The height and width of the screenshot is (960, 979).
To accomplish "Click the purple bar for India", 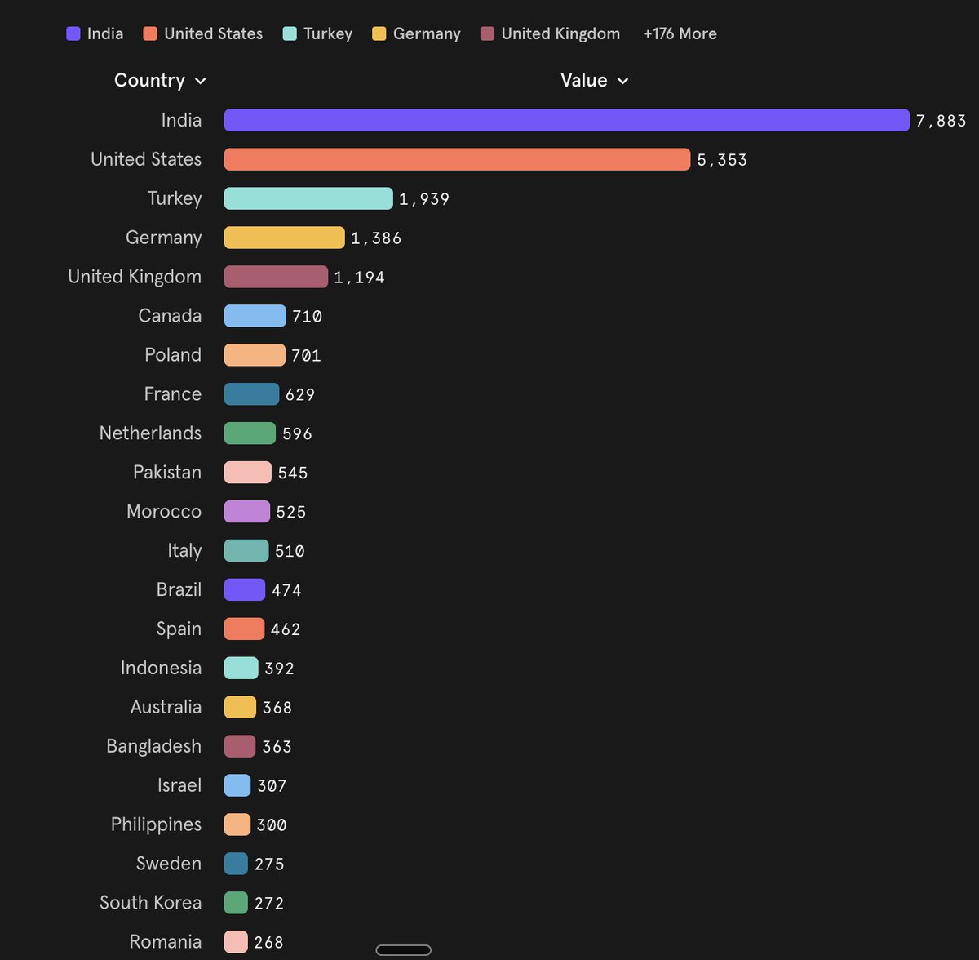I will (x=566, y=120).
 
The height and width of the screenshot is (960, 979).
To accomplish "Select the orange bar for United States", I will (x=457, y=159).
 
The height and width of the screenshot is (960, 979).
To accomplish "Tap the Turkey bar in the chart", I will (x=308, y=198).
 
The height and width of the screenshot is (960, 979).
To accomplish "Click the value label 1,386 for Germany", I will (x=376, y=238).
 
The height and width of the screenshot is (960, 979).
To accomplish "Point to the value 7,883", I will (x=941, y=121).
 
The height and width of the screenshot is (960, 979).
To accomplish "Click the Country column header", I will (x=149, y=80).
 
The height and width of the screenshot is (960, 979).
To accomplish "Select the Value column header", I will (x=583, y=80).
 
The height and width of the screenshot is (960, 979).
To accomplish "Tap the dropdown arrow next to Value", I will (x=623, y=81).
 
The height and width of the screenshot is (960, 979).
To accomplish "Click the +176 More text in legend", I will (x=680, y=33).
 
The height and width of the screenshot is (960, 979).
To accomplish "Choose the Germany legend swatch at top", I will (x=379, y=33).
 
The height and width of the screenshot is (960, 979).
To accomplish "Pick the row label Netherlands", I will (x=150, y=433).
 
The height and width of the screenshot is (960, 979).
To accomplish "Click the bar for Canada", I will (x=255, y=316).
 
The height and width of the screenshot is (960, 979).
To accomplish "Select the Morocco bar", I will (x=246, y=512).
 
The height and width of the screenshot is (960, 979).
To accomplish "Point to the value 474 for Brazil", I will (x=286, y=590).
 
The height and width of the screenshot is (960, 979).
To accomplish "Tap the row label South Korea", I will (x=150, y=902).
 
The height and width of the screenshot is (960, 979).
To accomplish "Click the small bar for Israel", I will (x=237, y=785).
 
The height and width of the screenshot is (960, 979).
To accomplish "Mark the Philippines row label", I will (x=156, y=824).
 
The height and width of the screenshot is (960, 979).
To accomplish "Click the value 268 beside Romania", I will (x=268, y=942).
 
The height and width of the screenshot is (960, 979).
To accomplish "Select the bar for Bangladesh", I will (x=240, y=746).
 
